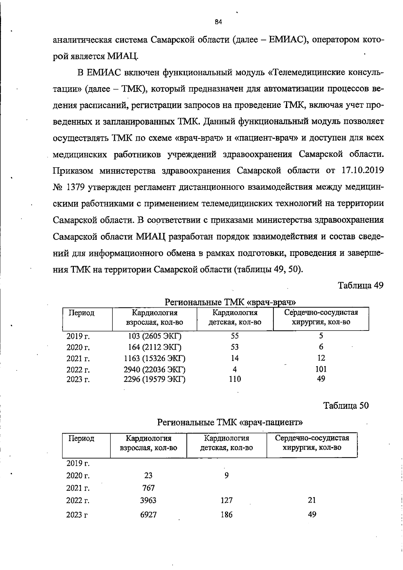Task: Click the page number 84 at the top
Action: point(218,22)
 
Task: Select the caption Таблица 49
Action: point(360,286)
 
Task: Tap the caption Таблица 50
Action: point(346,406)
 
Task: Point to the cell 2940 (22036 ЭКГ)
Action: point(154,370)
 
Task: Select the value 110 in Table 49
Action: point(235,379)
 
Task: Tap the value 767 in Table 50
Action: point(148,488)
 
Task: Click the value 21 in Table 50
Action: point(312,510)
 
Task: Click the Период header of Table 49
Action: point(82,313)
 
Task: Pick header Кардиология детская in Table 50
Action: point(227,443)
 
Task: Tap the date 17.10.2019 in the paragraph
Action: point(363,171)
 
